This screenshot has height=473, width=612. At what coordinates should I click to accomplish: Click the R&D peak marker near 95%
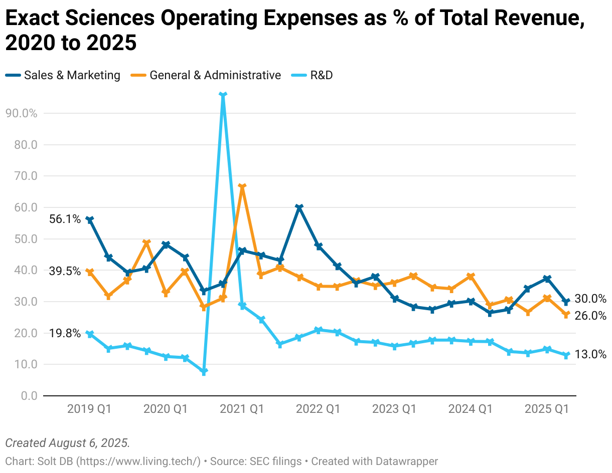(223, 94)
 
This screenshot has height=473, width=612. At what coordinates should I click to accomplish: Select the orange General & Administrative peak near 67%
(242, 186)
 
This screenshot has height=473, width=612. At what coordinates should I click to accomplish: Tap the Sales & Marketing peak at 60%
(299, 207)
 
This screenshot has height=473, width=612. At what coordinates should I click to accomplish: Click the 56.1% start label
(65, 219)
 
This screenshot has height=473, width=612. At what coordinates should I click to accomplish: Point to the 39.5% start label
(65, 271)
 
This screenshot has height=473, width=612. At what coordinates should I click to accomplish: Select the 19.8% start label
(65, 333)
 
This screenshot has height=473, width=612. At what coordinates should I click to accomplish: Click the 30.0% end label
(590, 299)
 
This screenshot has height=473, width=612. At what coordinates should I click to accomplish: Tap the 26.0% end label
(590, 316)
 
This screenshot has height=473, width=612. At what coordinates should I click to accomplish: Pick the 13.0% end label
(590, 354)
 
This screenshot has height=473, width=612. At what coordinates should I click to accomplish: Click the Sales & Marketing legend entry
(63, 75)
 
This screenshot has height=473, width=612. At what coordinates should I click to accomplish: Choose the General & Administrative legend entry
(206, 75)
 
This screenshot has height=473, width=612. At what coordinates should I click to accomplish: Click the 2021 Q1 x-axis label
(242, 409)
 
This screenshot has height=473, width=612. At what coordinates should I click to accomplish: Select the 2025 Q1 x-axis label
(546, 409)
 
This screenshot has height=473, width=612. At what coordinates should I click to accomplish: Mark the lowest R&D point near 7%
(204, 372)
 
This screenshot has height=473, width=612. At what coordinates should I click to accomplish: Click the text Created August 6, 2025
(67, 443)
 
